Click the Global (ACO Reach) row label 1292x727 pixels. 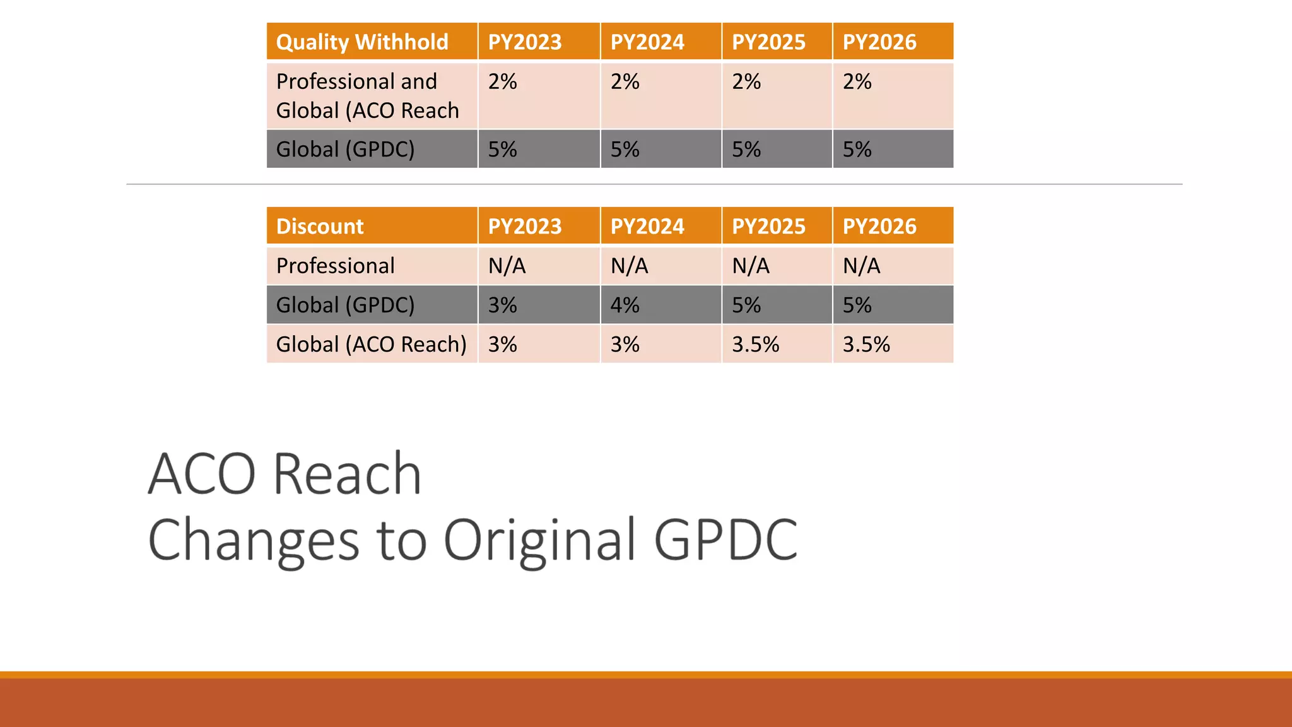coord(371,345)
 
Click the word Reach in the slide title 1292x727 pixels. coord(348,474)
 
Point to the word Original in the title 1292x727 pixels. coord(539,540)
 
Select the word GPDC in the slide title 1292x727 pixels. coord(725,540)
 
